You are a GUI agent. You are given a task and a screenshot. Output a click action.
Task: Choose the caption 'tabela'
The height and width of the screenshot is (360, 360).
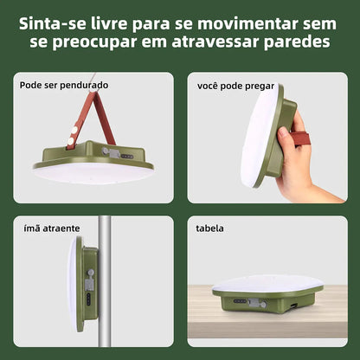pyautogui.click(x=209, y=228)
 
